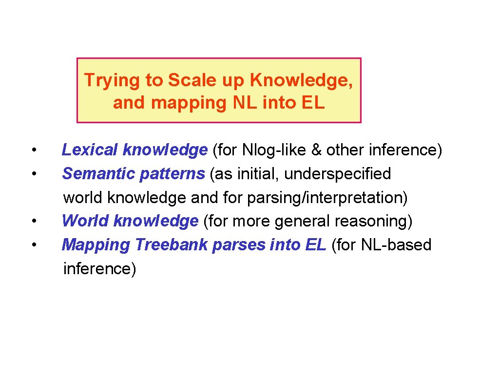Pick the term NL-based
[396, 245]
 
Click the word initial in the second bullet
[254, 174]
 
